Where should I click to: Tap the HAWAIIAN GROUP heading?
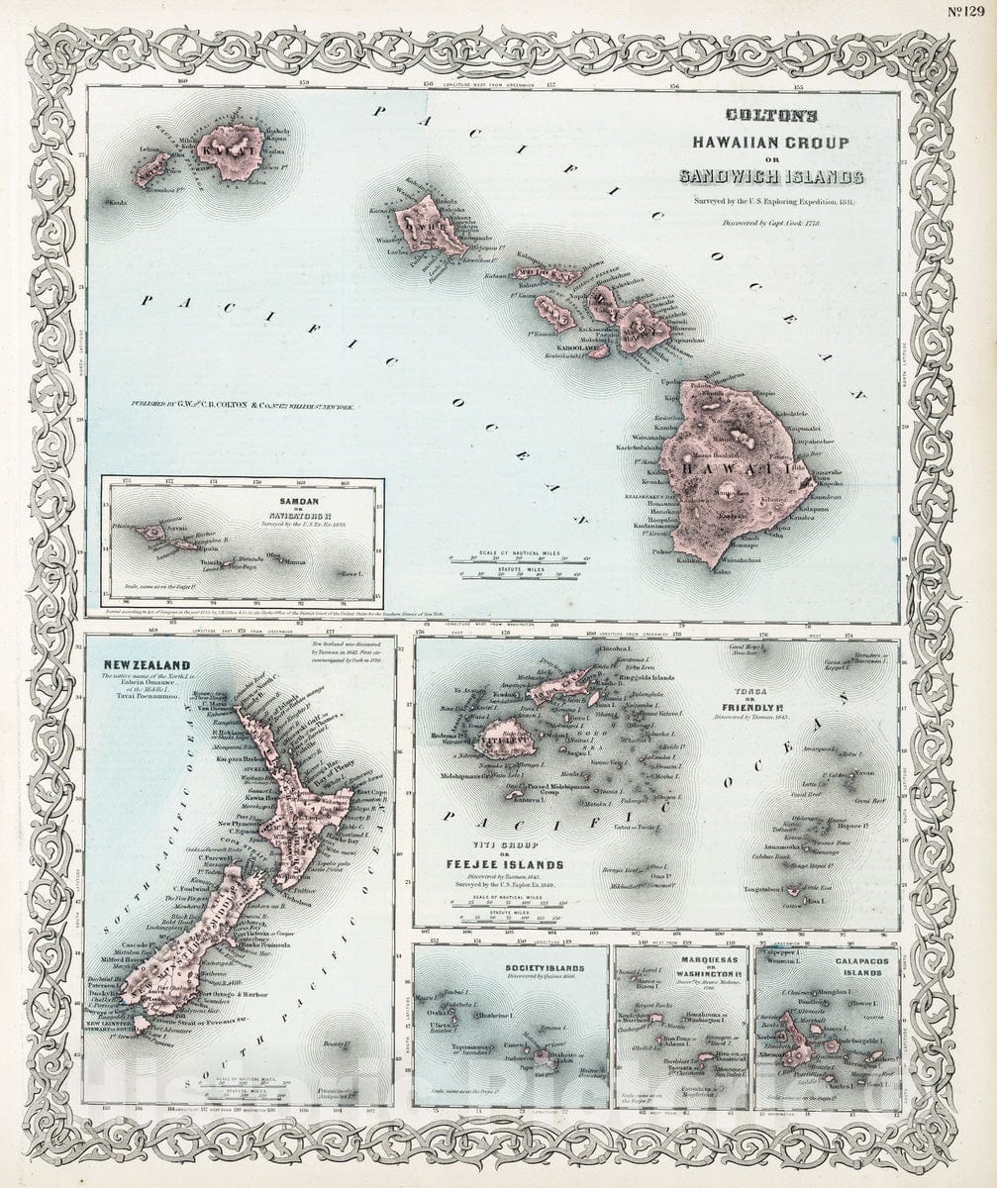pos(769,143)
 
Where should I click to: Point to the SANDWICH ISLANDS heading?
pos(770,177)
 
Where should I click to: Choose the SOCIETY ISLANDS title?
pos(544,968)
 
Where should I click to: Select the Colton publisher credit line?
pos(244,405)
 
